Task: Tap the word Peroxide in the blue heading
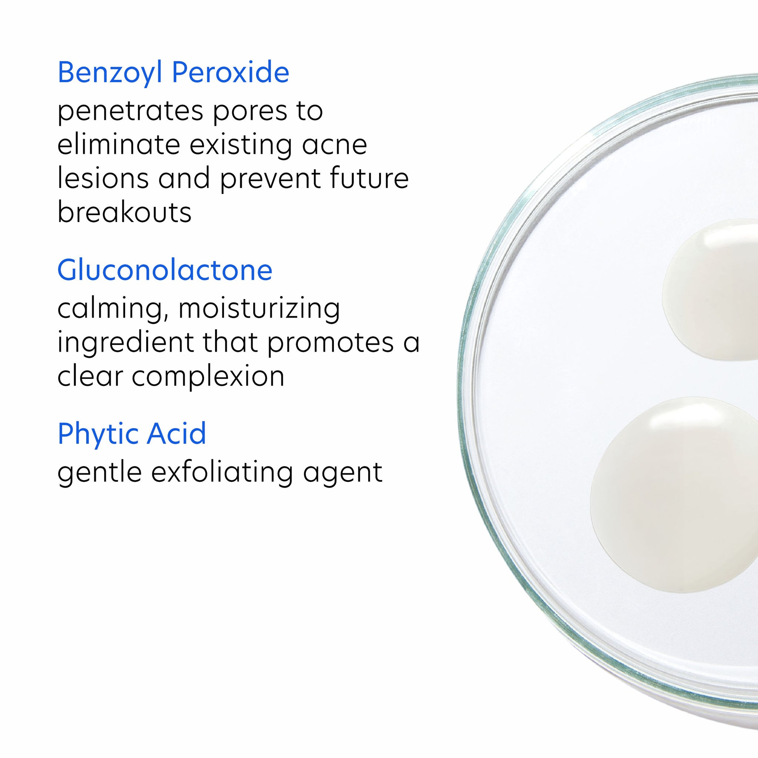[231, 73]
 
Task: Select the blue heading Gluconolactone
[165, 270]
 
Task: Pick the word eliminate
[118, 145]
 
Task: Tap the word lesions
[103, 178]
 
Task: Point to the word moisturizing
[259, 309]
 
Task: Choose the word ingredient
[125, 342]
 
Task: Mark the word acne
[334, 145]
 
